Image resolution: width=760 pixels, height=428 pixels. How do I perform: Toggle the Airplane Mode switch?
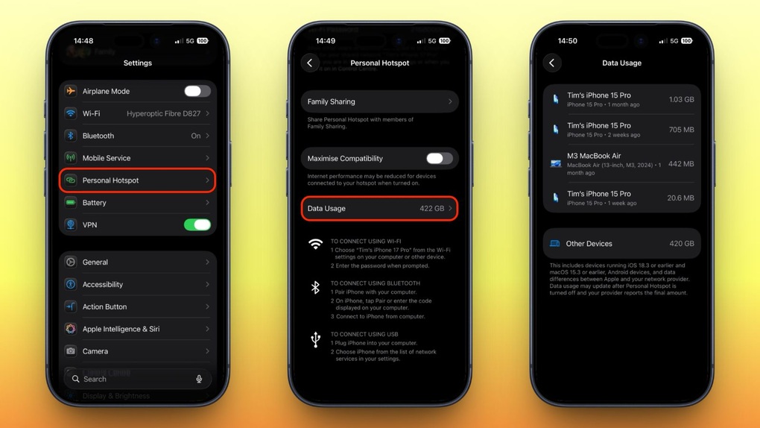pos(197,91)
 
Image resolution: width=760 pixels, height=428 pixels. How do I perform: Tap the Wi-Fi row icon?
pos(71,113)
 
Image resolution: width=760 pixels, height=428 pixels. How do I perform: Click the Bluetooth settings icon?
pos(71,136)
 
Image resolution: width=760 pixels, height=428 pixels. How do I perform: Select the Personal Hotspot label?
pos(110,180)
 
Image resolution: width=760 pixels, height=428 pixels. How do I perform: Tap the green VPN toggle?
pos(197,224)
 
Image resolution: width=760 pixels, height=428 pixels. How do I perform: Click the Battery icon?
pos(71,203)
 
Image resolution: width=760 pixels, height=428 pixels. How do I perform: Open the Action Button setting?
pos(104,306)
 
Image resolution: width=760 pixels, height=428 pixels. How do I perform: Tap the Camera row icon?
pos(71,351)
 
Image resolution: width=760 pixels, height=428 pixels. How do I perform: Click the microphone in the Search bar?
pos(199,379)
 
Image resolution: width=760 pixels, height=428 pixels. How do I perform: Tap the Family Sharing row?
pos(379,101)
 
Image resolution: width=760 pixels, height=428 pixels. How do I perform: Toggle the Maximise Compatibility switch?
pos(439,158)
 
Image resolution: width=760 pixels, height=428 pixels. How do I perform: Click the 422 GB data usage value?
pos(431,209)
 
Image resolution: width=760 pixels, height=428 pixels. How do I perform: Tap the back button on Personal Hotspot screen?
pos(310,63)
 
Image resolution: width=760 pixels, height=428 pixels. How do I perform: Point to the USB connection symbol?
pos(316,340)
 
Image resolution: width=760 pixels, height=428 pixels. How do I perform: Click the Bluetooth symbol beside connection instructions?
pos(316,288)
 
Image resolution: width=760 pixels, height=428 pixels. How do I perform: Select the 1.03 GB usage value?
pos(681,99)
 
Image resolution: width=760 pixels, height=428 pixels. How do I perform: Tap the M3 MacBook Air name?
pos(594,156)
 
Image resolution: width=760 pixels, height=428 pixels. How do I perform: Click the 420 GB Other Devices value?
pos(681,244)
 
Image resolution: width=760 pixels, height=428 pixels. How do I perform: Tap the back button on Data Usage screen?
pos(552,63)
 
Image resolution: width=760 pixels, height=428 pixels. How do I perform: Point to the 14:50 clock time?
pos(568,41)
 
